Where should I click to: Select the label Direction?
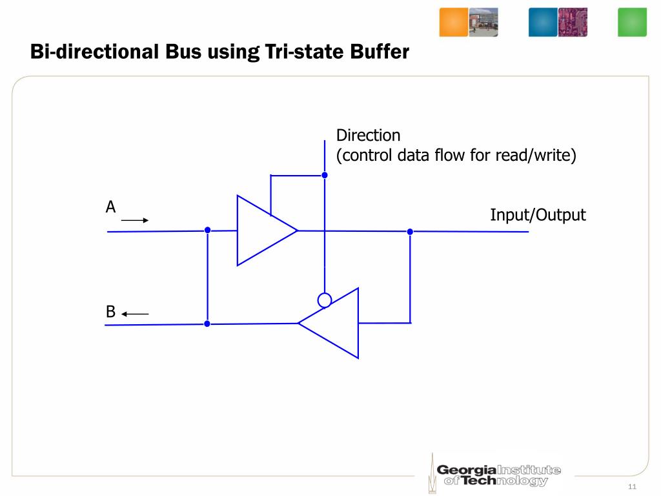click(368, 136)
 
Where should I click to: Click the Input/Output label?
click(538, 215)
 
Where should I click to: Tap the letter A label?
click(110, 207)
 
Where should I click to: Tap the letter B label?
click(110, 313)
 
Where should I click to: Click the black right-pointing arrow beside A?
click(135, 220)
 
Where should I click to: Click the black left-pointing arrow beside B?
click(135, 315)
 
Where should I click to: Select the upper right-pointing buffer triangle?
click(261, 231)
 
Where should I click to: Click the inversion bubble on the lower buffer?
click(325, 300)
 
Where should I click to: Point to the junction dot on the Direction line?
click(325, 175)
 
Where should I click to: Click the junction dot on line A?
click(207, 231)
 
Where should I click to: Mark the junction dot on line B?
click(207, 324)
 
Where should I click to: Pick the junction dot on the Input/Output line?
click(410, 231)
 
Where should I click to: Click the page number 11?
click(632, 486)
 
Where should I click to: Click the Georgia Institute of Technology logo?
click(494, 475)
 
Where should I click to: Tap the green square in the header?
click(632, 22)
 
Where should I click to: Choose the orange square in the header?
click(453, 22)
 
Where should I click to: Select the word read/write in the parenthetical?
click(534, 156)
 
